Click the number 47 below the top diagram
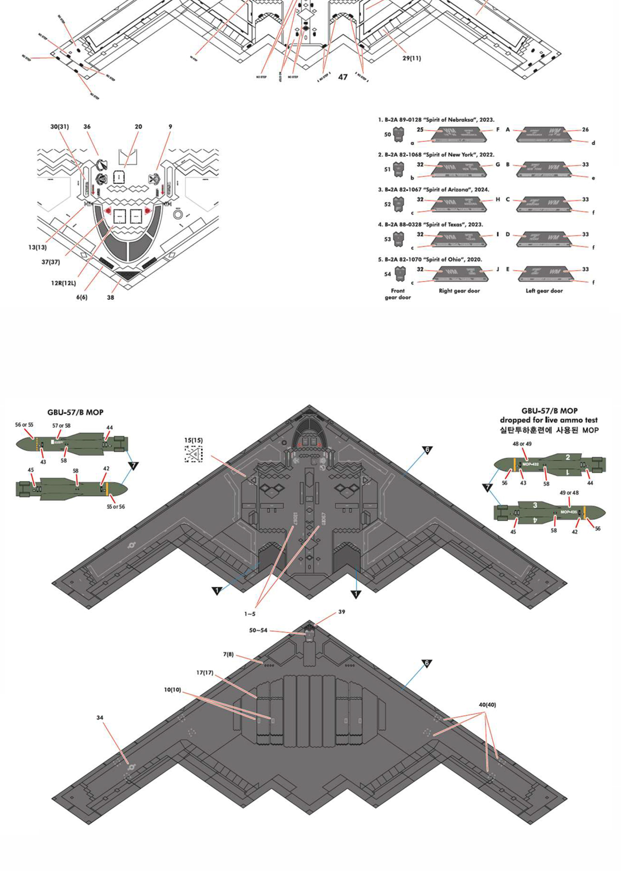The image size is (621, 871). pos(343,77)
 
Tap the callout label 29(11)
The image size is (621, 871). pos(411,58)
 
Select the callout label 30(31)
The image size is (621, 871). pos(60,127)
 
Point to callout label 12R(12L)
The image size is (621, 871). pos(63,283)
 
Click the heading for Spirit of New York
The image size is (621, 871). pos(436,154)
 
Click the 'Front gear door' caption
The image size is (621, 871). pos(397,294)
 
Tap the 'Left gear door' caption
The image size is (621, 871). pos(544,291)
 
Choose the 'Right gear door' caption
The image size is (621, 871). pos(459,291)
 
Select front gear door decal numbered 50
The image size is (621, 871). pos(398,135)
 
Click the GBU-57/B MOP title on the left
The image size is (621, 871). pos(75,413)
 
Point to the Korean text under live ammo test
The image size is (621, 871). pos(549,430)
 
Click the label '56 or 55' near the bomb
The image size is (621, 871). pos(24,425)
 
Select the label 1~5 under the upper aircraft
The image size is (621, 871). pos(249,614)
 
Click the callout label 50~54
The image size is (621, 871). pos(258,630)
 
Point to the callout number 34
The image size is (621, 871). pos(100,718)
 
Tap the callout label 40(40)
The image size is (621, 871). pos(487,705)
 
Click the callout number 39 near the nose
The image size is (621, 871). pos(342,612)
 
